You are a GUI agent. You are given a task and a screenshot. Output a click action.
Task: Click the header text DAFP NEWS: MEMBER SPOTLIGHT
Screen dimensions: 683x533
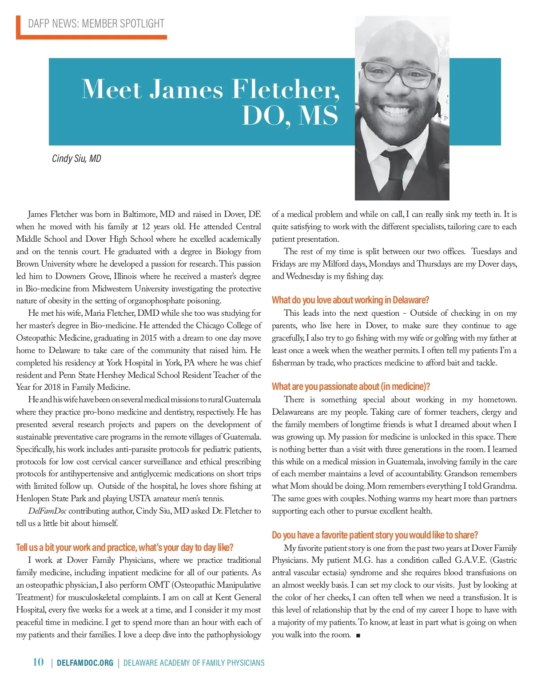[96, 24]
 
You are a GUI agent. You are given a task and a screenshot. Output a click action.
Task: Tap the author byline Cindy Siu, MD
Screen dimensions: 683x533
[76, 158]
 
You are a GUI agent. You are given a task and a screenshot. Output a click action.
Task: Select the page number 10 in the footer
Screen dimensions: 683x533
[39, 662]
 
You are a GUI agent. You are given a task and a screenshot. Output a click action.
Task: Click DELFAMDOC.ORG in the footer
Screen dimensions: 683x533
[85, 663]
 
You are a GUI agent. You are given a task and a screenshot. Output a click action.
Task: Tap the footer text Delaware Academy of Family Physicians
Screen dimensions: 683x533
[194, 663]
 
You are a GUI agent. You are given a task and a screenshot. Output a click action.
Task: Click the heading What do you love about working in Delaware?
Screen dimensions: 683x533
[350, 300]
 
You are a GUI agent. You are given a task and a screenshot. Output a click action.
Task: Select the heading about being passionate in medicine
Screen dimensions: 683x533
[351, 386]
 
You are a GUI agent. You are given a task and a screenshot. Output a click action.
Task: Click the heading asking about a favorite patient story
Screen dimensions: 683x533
[375, 535]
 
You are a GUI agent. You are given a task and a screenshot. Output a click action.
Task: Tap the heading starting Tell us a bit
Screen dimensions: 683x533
[124, 547]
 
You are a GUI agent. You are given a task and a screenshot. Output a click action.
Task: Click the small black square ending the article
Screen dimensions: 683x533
[358, 635]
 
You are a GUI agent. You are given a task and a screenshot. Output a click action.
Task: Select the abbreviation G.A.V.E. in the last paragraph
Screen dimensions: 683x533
[471, 560]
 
